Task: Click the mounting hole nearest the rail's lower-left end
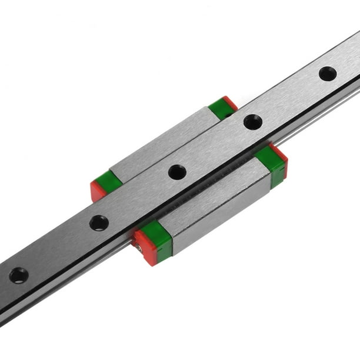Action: (x=19, y=275)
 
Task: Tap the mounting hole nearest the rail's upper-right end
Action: (x=328, y=74)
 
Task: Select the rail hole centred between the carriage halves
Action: (x=177, y=172)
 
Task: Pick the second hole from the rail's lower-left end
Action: (x=99, y=223)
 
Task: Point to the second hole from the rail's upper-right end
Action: (x=253, y=122)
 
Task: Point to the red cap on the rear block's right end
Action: (x=231, y=103)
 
